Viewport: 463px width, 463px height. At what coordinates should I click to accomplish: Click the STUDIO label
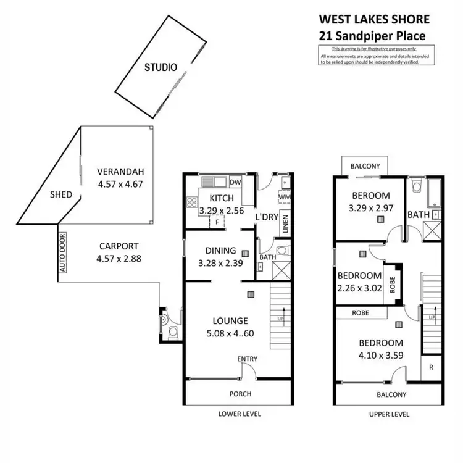pyautogui.click(x=161, y=67)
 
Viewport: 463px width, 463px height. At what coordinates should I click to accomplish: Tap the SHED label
pyautogui.click(x=61, y=194)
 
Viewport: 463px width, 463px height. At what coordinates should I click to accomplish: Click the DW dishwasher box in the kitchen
pyautogui.click(x=235, y=182)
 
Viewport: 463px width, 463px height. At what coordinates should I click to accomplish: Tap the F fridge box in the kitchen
pyautogui.click(x=217, y=222)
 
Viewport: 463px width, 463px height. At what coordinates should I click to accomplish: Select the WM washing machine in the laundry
pyautogui.click(x=284, y=198)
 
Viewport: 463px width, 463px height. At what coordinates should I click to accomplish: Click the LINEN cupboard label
pyautogui.click(x=285, y=223)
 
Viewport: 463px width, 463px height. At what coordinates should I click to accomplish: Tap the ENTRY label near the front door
pyautogui.click(x=247, y=359)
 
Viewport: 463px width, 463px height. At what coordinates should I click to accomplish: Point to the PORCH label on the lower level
pyautogui.click(x=241, y=394)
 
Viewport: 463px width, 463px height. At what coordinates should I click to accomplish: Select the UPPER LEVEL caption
pyautogui.click(x=389, y=414)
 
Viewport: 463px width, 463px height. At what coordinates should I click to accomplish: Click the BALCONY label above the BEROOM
pyautogui.click(x=365, y=166)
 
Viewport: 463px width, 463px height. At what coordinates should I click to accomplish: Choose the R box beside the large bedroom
pyautogui.click(x=430, y=367)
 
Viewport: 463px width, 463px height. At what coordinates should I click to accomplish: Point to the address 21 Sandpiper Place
pyautogui.click(x=372, y=36)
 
